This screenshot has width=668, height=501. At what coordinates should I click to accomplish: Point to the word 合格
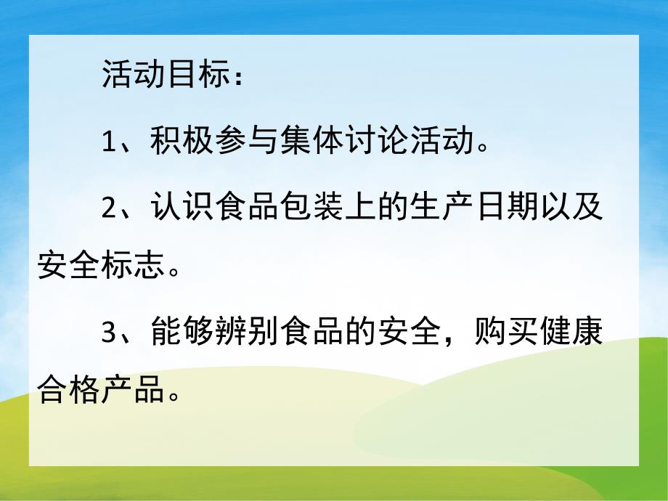click(x=69, y=394)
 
